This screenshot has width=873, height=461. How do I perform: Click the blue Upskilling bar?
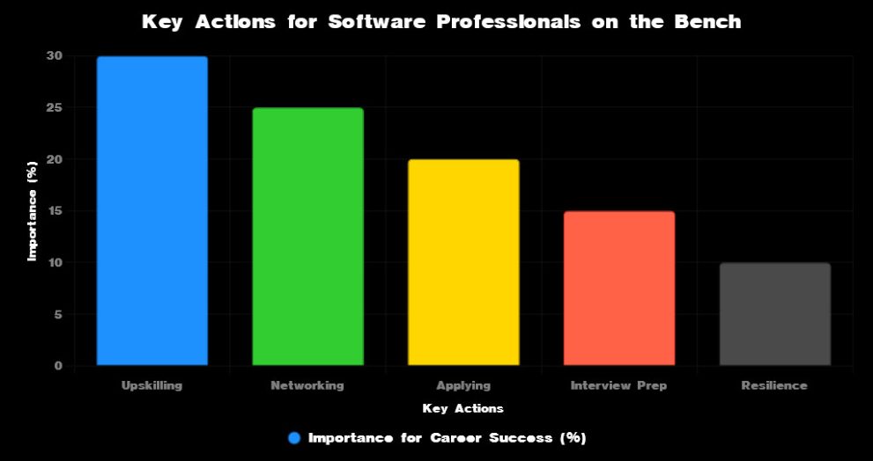(152, 211)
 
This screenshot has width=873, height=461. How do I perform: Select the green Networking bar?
(307, 237)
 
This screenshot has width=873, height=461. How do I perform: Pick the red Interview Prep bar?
(618, 289)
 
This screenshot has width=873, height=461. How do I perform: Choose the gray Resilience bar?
(774, 314)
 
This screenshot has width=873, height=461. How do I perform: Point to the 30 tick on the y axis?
(55, 56)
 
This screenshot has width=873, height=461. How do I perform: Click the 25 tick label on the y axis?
(55, 108)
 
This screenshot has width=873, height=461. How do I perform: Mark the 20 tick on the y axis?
(55, 159)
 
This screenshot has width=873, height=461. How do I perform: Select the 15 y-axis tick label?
(55, 211)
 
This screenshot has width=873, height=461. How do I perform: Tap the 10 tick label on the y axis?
(55, 263)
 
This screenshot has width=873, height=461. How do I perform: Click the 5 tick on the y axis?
(58, 314)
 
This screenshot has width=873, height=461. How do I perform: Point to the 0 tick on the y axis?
(58, 366)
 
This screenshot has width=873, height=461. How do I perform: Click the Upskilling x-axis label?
(152, 385)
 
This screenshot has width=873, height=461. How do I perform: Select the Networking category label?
(307, 385)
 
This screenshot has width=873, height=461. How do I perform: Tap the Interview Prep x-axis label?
(618, 385)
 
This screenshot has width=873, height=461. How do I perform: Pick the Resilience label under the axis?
(774, 385)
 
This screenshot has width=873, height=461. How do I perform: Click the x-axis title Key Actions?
(463, 408)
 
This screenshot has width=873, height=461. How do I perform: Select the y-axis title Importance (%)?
(33, 211)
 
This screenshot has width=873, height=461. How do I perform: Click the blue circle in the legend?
(295, 437)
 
